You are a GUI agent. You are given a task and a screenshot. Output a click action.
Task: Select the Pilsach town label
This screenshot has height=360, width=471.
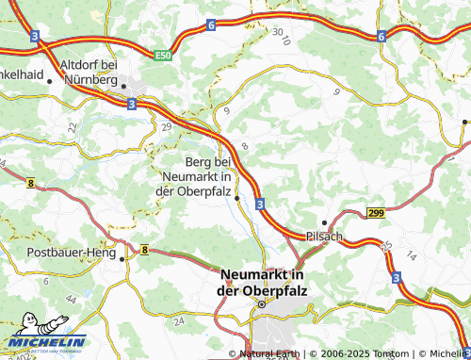tap(324, 236)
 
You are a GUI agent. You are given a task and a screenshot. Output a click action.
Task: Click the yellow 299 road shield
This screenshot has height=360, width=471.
tap(376, 215)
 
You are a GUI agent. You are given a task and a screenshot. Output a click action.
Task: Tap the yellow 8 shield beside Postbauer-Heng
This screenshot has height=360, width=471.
tap(146, 249)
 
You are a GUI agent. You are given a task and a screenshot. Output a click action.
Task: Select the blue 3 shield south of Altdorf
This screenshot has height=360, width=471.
tap(131, 106)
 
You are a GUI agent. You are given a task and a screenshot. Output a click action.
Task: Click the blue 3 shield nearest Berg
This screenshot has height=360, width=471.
tap(259, 202)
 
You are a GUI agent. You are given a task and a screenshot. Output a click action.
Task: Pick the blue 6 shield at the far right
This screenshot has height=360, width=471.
tap(382, 36)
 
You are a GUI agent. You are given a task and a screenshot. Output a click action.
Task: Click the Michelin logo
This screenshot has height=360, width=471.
tap(45, 341)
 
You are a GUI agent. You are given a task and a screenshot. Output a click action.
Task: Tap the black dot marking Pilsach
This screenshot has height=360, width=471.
tap(325, 222)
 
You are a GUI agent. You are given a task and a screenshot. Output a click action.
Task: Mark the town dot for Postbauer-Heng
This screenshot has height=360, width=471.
tap(122, 256)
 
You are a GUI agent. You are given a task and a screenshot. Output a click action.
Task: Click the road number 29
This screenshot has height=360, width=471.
tap(167, 126)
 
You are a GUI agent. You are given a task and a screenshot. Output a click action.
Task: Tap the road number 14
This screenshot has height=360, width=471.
tap(410, 255)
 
